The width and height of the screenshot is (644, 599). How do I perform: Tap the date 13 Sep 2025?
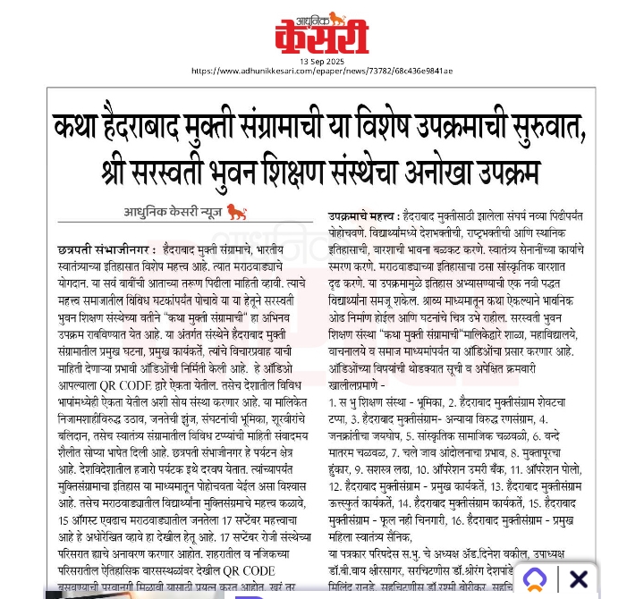coord(321,61)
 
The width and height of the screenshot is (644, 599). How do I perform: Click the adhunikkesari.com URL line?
coord(321,71)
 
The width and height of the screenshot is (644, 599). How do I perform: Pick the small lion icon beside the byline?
coord(236,212)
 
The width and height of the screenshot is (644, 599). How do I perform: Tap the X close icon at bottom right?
coord(579,579)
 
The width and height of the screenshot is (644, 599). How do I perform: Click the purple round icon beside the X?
coord(535,579)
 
